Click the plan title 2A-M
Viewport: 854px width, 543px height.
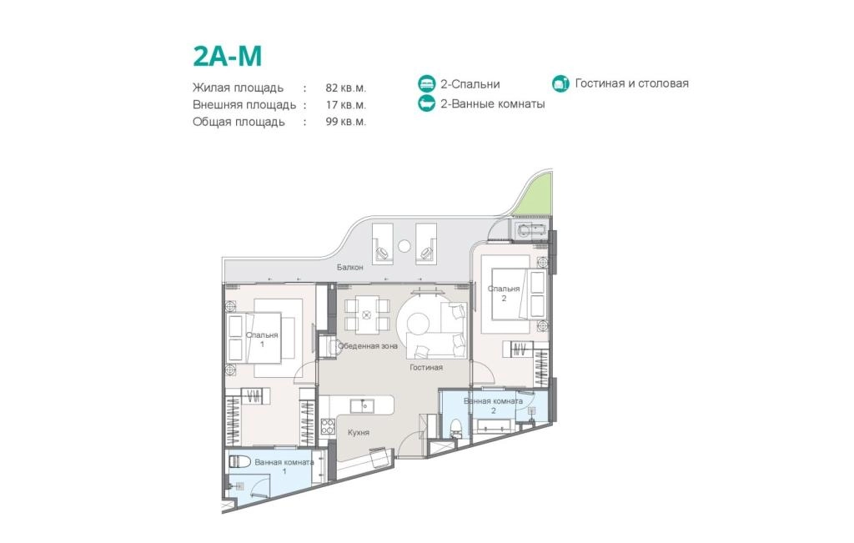228,56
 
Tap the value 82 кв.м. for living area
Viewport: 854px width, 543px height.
346,88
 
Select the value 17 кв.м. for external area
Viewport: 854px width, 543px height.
346,104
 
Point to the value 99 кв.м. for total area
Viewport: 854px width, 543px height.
346,122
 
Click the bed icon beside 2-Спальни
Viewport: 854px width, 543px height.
426,84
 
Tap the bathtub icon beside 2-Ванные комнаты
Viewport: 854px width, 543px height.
426,103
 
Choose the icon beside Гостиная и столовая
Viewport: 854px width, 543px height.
560,83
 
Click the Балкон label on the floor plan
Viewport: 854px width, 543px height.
349,268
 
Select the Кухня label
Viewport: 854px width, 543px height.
359,432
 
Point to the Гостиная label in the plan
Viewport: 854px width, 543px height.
426,368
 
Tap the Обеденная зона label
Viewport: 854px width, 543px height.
368,346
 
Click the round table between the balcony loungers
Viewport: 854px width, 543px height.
404,246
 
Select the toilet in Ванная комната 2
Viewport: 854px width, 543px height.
456,428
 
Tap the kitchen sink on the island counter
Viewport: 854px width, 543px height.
362,405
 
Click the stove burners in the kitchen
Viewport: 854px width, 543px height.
327,426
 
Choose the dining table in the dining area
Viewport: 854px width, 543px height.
367,314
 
